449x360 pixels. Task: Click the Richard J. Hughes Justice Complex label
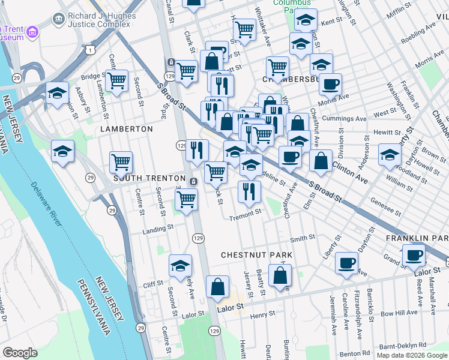(98, 17)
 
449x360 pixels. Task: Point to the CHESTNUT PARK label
(256, 255)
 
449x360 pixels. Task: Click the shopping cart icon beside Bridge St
(116, 80)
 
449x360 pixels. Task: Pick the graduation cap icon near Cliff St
(180, 266)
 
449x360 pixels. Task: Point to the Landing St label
(157, 229)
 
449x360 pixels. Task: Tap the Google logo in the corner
(20, 352)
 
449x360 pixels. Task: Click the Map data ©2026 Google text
(411, 355)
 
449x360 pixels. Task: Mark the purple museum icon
(32, 31)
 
